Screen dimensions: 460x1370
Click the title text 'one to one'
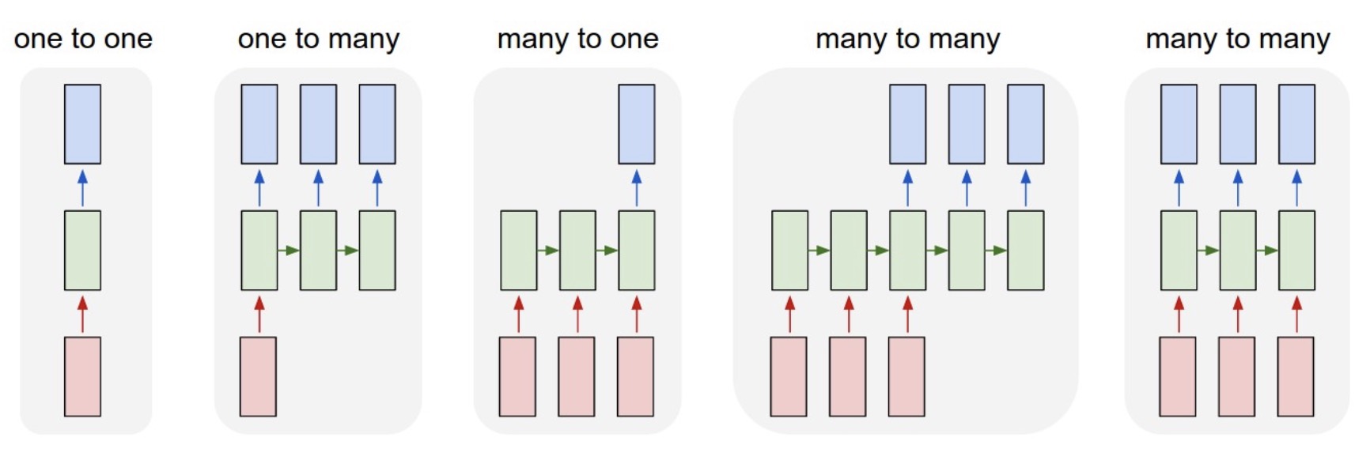tap(83, 38)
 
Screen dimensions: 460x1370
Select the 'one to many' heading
tap(318, 38)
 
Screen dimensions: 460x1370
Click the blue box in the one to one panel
tap(82, 124)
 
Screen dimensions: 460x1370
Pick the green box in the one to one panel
tap(82, 250)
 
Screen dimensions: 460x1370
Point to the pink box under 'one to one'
tap(82, 376)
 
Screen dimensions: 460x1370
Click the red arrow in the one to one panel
tap(82, 314)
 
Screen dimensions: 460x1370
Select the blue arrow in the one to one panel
tap(82, 187)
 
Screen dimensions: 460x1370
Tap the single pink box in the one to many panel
tap(259, 376)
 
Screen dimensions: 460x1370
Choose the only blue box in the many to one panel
tap(636, 124)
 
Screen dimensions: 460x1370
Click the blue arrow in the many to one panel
tap(636, 187)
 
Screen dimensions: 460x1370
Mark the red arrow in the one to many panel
tap(259, 314)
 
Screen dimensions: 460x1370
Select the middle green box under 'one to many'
tap(318, 250)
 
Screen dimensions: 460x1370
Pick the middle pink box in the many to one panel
tap(577, 376)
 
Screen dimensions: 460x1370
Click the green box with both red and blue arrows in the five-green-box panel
tap(907, 250)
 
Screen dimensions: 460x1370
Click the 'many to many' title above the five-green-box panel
tap(907, 38)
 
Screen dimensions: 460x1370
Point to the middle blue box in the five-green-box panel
tap(967, 124)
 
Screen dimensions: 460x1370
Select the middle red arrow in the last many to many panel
tap(1238, 314)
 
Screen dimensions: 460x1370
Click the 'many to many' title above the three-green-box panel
tap(1238, 38)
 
